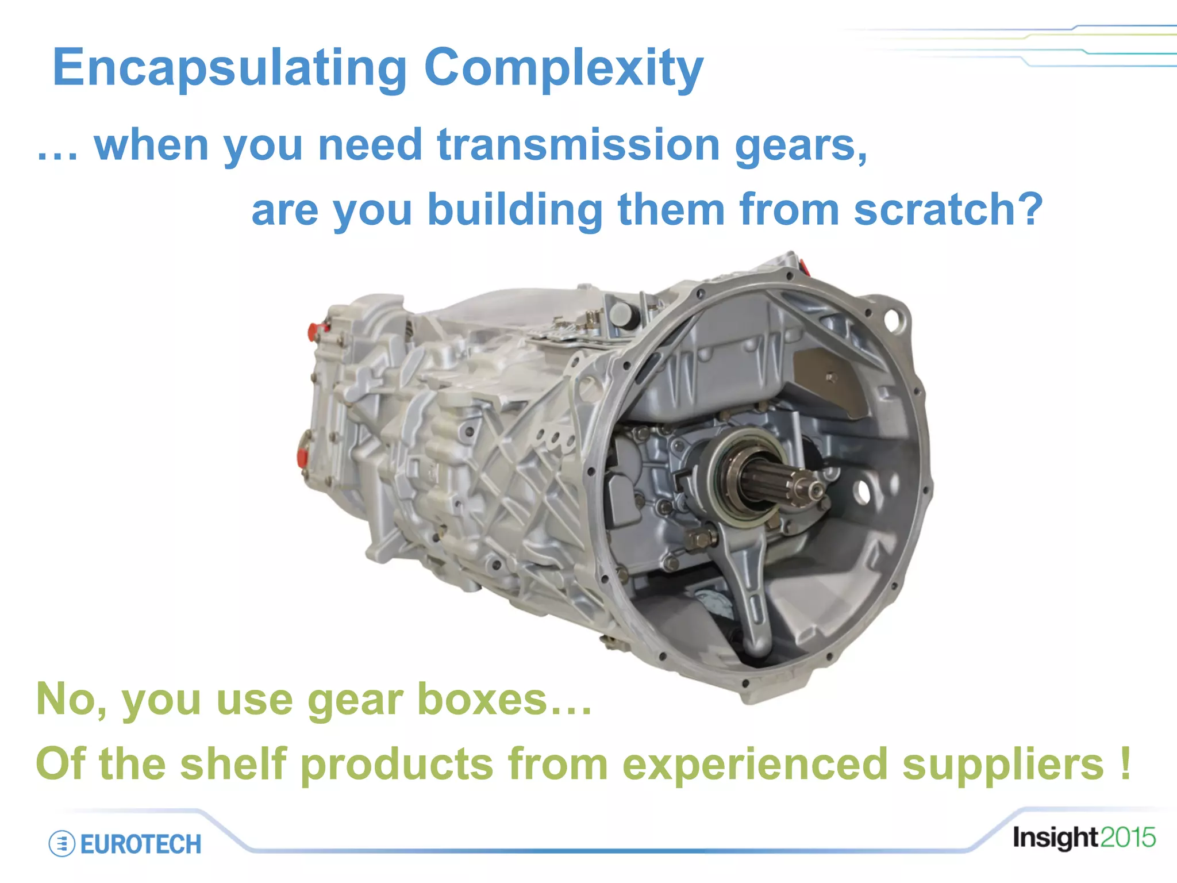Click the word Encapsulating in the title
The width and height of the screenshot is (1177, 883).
coord(229,68)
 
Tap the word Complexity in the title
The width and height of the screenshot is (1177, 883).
coord(563,68)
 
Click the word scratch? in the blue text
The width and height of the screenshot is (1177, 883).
coord(948,209)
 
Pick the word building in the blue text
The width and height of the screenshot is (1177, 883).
coord(514,210)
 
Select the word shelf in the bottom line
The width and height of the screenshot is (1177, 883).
coord(233,764)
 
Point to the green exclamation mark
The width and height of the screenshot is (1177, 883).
coord(1125,763)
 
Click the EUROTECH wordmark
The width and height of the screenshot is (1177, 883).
coord(141,844)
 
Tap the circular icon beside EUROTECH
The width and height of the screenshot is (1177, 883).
coord(62,844)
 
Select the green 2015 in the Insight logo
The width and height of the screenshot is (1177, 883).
coord(1128,838)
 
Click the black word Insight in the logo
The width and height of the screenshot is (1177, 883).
coord(1056,838)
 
